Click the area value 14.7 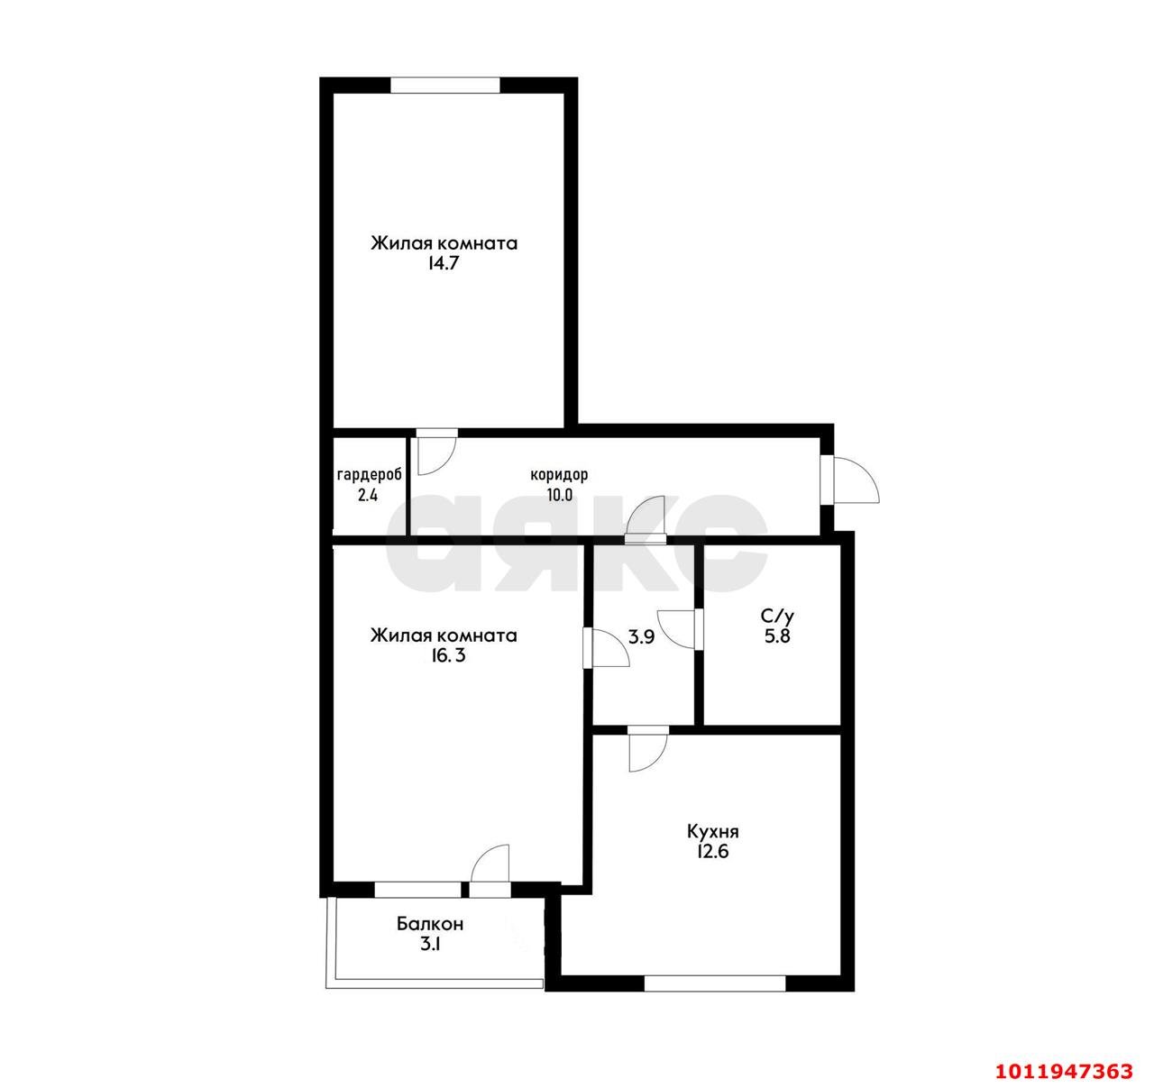point(444,263)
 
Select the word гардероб point(369,475)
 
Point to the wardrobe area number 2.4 point(368,495)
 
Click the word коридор point(559,475)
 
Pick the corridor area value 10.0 point(559,495)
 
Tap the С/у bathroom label point(777,616)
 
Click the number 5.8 point(777,636)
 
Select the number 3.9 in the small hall point(642,637)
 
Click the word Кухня point(713,832)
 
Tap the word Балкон point(430,924)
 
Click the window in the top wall point(444,86)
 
